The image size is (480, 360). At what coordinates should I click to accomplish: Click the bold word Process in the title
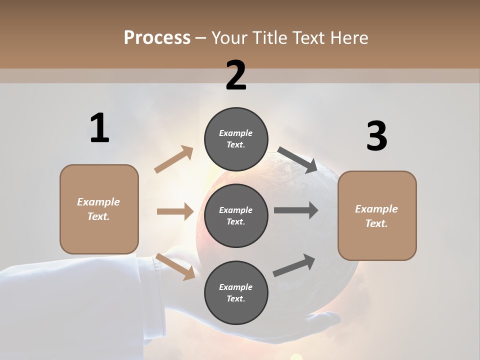[x=157, y=38]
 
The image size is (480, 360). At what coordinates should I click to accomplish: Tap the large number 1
[x=99, y=128]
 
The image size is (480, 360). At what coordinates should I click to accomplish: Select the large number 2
[x=236, y=75]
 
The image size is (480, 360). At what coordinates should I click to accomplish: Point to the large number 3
[x=376, y=136]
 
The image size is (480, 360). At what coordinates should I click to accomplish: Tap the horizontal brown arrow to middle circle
[x=175, y=211]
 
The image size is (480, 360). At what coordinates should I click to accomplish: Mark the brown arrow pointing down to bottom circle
[x=175, y=266]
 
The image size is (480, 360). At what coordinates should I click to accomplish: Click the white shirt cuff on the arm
[x=152, y=295]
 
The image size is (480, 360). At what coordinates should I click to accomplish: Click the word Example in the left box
[x=98, y=202]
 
